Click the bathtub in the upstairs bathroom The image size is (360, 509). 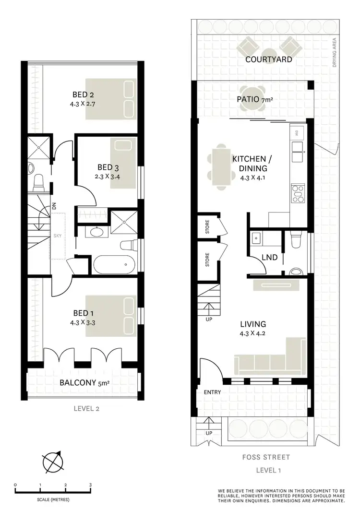[114, 264]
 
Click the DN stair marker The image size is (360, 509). [54, 206]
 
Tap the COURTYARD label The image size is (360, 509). [268, 59]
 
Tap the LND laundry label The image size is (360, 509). [269, 258]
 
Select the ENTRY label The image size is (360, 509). [212, 392]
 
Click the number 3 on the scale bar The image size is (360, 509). [90, 485]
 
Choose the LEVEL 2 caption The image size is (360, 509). [87, 409]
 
